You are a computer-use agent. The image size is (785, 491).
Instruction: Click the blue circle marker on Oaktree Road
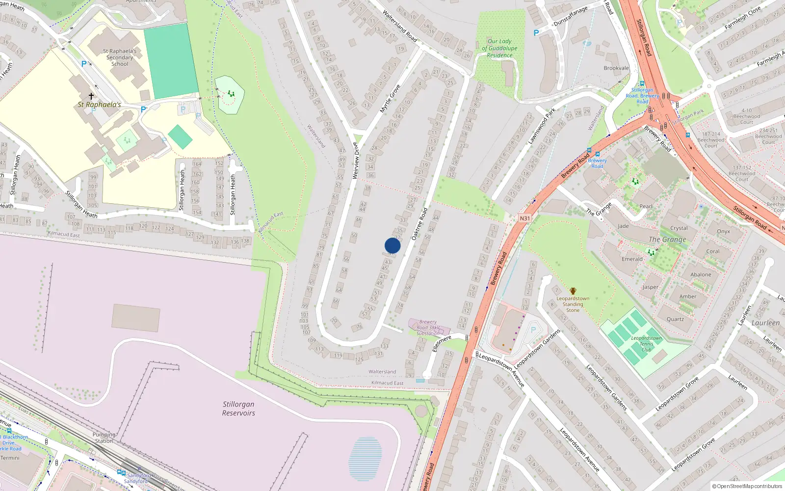(392, 245)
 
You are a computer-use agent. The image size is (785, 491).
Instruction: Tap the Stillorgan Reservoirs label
(238, 409)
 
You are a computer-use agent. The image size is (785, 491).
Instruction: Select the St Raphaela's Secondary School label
(120, 57)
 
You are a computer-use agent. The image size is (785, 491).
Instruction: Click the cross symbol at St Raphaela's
(91, 96)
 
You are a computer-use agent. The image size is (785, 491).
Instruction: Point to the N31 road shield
(524, 218)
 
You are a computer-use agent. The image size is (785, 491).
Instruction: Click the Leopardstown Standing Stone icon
(573, 291)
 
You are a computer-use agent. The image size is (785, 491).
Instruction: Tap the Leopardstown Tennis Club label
(646, 344)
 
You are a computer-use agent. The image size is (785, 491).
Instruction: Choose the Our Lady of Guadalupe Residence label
(499, 48)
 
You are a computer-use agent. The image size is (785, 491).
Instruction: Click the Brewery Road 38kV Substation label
(428, 327)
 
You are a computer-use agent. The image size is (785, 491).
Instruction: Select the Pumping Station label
(104, 437)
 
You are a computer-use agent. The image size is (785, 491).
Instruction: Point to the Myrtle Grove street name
(390, 99)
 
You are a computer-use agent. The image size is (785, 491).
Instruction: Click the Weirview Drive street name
(356, 161)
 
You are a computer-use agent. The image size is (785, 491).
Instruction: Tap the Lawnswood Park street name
(542, 127)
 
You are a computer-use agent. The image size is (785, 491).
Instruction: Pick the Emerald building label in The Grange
(632, 259)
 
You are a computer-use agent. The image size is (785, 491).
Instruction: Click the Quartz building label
(675, 319)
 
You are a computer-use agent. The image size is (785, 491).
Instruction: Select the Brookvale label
(616, 68)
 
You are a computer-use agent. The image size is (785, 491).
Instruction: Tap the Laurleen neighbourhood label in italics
(765, 323)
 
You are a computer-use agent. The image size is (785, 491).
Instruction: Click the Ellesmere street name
(442, 343)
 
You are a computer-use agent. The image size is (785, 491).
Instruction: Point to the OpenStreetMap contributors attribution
(747, 486)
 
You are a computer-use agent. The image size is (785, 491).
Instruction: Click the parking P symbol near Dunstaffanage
(536, 33)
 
